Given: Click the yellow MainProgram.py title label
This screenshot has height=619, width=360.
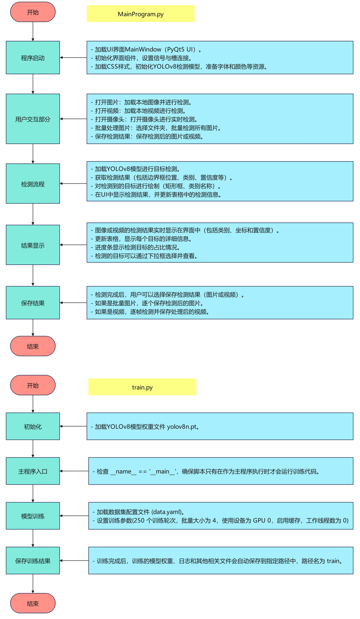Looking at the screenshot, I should pyautogui.click(x=140, y=14).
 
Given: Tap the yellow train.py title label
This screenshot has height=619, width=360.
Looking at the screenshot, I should pyautogui.click(x=142, y=387).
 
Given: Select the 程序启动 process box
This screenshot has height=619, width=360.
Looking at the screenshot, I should pyautogui.click(x=33, y=58).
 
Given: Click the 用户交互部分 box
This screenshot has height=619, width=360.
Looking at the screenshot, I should pyautogui.click(x=33, y=119).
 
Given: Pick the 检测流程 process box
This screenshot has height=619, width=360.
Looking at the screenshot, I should pyautogui.click(x=33, y=184).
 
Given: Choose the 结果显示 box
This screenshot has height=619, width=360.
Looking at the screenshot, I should pyautogui.click(x=33, y=245).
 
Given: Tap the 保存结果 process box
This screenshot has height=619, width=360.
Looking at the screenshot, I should pyautogui.click(x=33, y=303).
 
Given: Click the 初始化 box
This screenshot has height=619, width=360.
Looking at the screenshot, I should pyautogui.click(x=33, y=426).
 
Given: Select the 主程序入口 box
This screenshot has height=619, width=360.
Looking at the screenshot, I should pyautogui.click(x=33, y=471).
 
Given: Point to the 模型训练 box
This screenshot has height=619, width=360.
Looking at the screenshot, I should pyautogui.click(x=33, y=516).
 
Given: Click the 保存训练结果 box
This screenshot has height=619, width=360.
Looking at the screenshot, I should pyautogui.click(x=33, y=561).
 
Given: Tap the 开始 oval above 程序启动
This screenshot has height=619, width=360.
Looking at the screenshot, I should pyautogui.click(x=33, y=12).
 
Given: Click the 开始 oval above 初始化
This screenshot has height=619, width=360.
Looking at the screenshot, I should pyautogui.click(x=33, y=385).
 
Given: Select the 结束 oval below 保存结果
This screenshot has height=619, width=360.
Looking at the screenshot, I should pyautogui.click(x=33, y=346).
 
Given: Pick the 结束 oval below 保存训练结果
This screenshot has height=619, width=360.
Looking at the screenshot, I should pyautogui.click(x=33, y=603).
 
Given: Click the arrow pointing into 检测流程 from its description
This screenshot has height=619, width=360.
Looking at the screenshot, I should pyautogui.click(x=73, y=184).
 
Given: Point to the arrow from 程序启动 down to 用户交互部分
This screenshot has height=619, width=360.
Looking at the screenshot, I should pyautogui.click(x=33, y=84).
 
